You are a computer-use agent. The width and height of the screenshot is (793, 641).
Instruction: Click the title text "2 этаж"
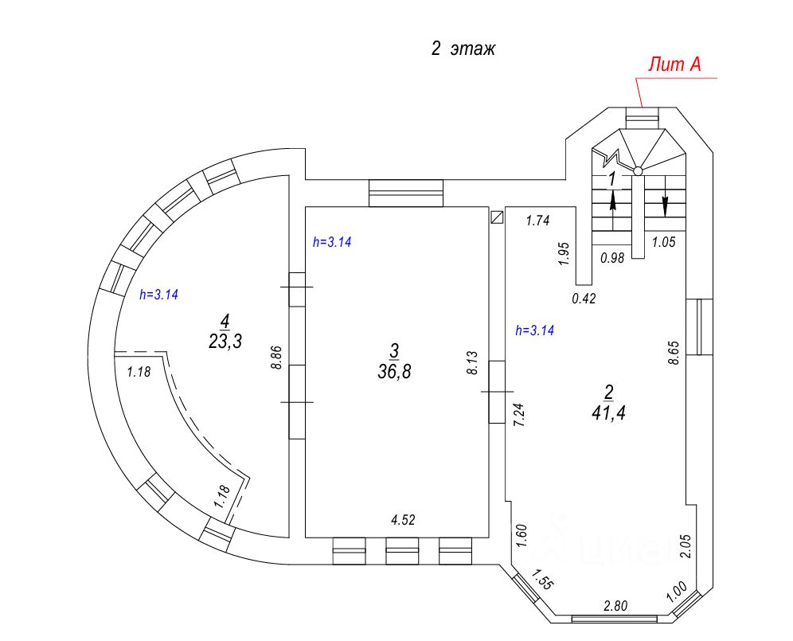coord(463,49)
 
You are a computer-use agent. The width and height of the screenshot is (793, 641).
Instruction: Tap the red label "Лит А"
coord(674,64)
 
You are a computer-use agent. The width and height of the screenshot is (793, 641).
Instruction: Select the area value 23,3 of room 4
coord(225,341)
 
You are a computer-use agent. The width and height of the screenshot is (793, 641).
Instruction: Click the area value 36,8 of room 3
coord(394,372)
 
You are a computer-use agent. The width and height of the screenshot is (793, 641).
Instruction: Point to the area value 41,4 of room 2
coord(608,412)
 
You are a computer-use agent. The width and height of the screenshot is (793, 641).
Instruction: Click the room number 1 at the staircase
coord(612,178)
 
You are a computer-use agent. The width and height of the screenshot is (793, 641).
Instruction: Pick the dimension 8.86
coord(276,358)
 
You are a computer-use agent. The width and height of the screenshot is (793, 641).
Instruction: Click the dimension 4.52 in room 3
coord(403,520)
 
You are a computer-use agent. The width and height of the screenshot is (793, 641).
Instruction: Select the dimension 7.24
coord(519,414)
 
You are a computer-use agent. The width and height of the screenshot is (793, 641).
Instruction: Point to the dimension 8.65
coord(673,353)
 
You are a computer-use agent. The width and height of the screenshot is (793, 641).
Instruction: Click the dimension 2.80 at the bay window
coord(615,606)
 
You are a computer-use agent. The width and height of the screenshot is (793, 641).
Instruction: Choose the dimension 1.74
coord(537,220)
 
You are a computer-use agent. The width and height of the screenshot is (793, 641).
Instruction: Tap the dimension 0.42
coord(584,299)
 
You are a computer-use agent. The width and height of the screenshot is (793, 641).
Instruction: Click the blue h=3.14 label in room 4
coord(158,295)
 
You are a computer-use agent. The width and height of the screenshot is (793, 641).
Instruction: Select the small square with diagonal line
coord(497,217)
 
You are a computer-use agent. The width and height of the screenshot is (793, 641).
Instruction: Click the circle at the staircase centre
coord(639,171)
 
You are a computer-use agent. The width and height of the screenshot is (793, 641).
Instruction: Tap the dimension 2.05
coord(686,546)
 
